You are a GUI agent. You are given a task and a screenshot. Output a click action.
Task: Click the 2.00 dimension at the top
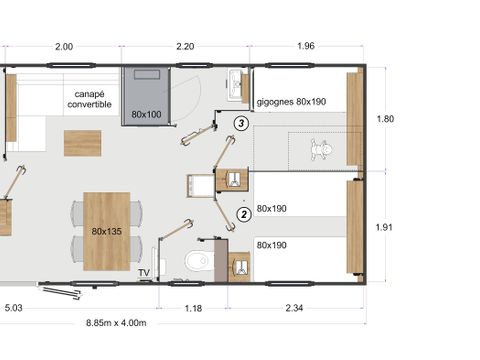[64, 47]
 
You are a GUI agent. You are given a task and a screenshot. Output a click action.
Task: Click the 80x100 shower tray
[146, 95]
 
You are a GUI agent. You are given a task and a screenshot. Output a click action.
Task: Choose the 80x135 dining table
[106, 232]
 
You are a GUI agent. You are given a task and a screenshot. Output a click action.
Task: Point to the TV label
[144, 271]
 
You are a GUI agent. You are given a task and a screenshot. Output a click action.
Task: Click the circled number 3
[241, 123]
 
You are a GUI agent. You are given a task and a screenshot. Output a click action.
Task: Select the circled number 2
[244, 213]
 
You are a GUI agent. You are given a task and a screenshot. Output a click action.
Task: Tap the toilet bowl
[198, 262]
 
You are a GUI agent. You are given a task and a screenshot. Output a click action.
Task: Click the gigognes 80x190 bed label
[291, 102]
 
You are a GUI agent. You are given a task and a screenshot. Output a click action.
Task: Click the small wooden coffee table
[83, 142]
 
